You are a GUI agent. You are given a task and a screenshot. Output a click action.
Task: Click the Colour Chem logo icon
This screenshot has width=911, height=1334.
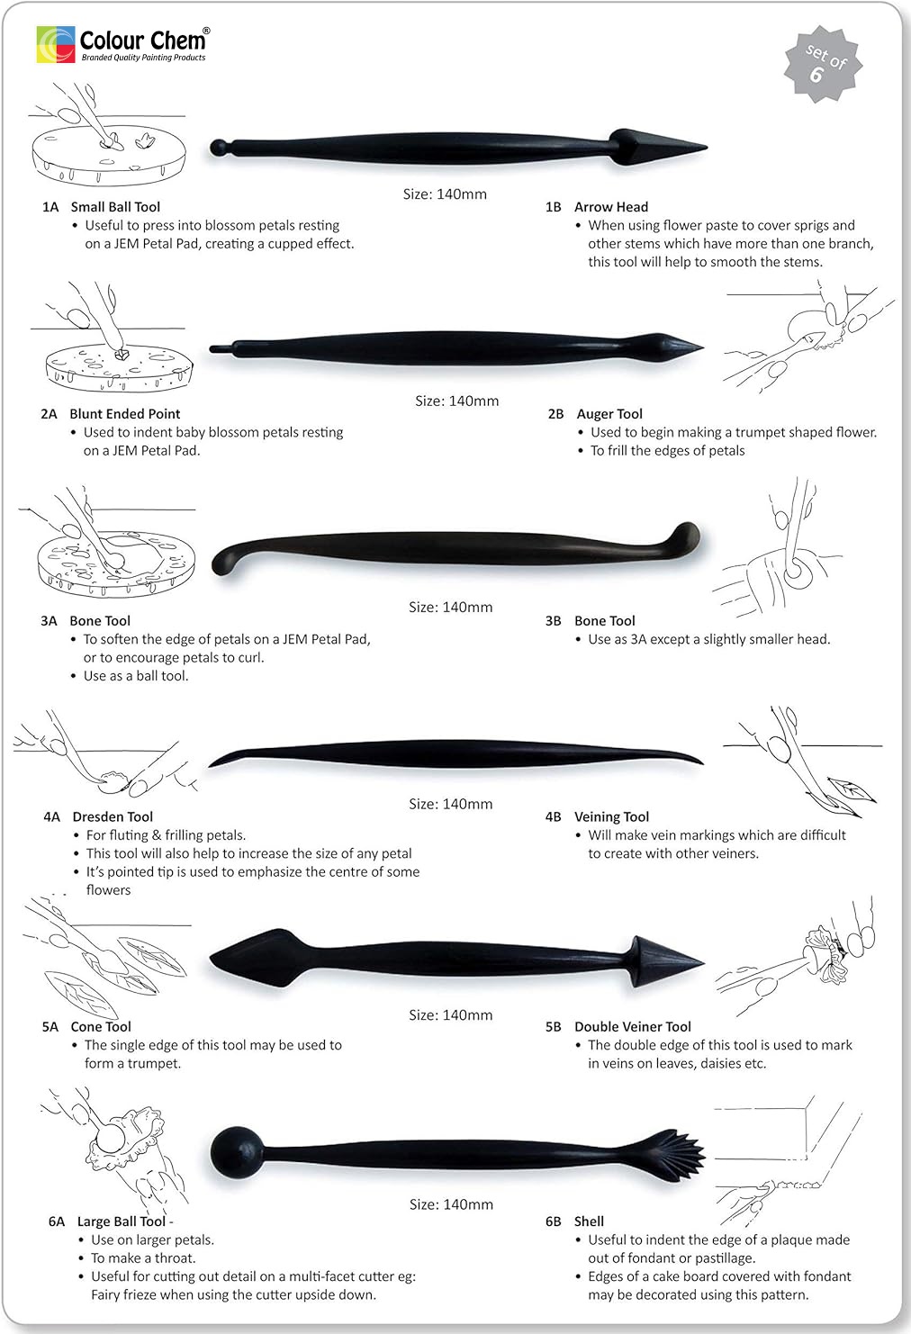[x=55, y=44]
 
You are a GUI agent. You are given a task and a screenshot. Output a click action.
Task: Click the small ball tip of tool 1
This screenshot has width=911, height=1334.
[x=218, y=146]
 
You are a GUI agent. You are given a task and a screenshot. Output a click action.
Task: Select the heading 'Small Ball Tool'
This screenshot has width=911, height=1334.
[x=115, y=207]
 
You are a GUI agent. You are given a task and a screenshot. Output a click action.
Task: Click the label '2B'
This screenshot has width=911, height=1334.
[x=555, y=414]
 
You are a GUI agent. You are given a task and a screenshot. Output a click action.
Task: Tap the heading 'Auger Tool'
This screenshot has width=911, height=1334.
[x=609, y=414]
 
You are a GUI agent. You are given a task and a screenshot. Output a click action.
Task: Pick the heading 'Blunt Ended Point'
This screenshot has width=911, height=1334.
[x=124, y=414]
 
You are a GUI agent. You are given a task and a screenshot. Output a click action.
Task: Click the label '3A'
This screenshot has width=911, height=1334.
[x=49, y=621]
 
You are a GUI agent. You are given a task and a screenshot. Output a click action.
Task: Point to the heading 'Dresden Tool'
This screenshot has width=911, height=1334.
[x=113, y=817]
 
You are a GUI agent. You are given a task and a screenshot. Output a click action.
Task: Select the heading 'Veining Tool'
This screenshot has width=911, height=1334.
[x=611, y=817]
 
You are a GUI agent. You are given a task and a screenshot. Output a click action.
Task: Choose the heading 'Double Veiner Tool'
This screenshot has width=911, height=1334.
[x=633, y=1027]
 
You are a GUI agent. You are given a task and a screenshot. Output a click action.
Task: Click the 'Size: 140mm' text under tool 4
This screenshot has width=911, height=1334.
[x=450, y=804]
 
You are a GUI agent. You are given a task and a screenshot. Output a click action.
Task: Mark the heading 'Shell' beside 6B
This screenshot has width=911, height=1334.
[x=589, y=1221]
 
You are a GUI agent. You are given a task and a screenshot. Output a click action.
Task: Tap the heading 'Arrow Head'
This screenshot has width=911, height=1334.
[x=611, y=207]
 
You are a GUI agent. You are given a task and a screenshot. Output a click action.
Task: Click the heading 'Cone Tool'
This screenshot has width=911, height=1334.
[x=101, y=1027]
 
